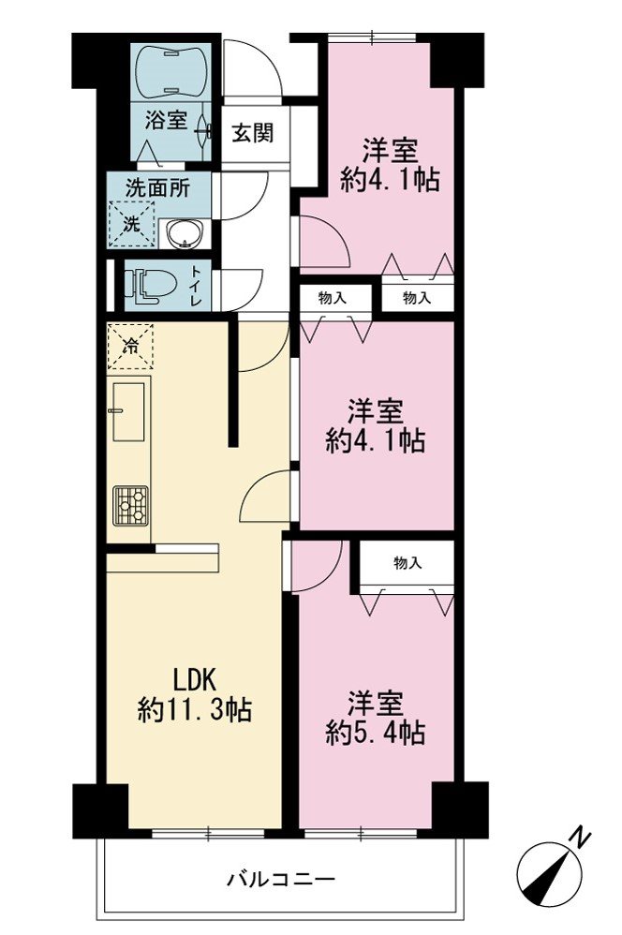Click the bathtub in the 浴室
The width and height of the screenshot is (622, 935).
[171, 71]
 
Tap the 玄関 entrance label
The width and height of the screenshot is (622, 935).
[253, 132]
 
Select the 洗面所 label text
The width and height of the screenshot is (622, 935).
[157, 187]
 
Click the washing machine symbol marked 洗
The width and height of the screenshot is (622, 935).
[130, 224]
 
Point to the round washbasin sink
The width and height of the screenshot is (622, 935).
[185, 234]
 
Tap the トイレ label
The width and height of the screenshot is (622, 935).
[196, 286]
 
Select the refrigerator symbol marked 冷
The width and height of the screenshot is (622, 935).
[130, 346]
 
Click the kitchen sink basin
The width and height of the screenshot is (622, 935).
[127, 411]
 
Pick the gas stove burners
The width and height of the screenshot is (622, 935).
[130, 506]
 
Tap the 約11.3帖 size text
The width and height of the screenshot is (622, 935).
[195, 709]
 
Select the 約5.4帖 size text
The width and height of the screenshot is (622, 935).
[375, 732]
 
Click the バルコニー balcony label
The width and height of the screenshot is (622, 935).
[281, 879]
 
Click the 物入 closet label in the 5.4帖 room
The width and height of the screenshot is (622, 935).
[407, 562]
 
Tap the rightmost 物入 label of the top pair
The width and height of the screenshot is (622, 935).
[417, 297]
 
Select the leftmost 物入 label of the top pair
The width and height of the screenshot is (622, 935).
[333, 297]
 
